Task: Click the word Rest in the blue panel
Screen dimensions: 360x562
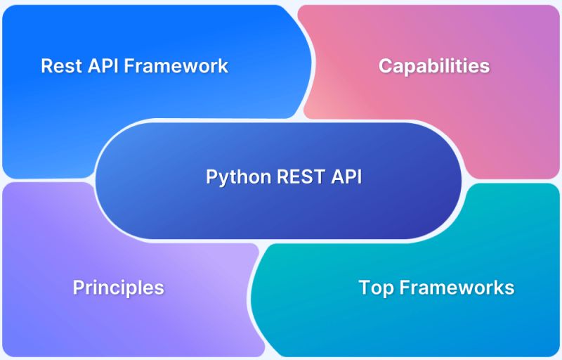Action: tap(58, 66)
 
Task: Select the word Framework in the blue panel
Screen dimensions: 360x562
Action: tap(173, 66)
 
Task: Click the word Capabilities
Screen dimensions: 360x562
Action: tap(434, 66)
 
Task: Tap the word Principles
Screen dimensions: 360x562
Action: tap(118, 288)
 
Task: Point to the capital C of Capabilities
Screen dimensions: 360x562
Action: tap(386, 66)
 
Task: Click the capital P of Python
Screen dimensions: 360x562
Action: tap(211, 176)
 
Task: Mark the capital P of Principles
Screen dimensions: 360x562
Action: tap(78, 288)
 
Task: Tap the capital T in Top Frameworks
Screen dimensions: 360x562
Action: tap(364, 288)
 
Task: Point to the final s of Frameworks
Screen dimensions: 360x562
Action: tap(509, 288)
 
